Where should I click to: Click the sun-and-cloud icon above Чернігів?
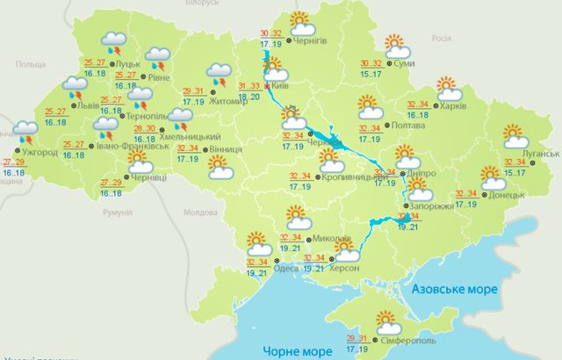[x=301, y=19]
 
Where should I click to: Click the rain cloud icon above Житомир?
[x=218, y=74]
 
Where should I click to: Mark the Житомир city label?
[x=226, y=100]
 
